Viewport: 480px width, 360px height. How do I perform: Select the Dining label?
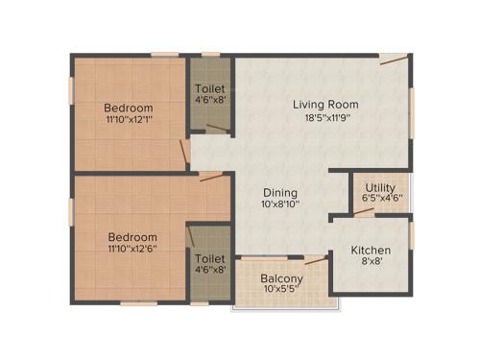point(279,192)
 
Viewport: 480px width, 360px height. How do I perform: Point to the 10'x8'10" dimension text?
point(279,205)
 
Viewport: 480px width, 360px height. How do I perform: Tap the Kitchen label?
point(371,251)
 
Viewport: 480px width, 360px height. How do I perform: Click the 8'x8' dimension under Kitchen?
point(371,264)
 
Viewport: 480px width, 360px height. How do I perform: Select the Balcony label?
point(282,280)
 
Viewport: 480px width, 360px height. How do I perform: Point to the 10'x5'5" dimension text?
point(282,293)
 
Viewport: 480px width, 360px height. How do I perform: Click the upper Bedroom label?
point(127,108)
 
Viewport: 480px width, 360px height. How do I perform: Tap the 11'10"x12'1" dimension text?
point(127,121)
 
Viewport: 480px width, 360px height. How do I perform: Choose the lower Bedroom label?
point(132,237)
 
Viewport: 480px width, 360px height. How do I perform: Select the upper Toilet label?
point(210,88)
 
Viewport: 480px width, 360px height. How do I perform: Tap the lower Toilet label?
point(210,259)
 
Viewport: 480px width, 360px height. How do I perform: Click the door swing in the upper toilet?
point(220,126)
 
